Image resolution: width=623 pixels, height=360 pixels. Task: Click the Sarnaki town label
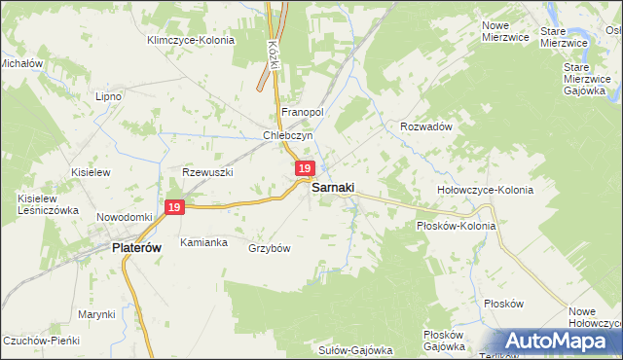pos(332,188)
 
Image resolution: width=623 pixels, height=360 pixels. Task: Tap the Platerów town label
pos(129,248)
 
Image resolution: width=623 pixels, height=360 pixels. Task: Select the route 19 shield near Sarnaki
pos(305,169)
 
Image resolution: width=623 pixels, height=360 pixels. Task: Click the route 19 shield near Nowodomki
pos(174,207)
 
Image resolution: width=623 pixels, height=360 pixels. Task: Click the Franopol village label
pos(302,112)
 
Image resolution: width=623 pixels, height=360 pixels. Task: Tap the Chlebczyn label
pos(286,136)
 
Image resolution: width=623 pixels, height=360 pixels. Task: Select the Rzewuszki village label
pos(208,172)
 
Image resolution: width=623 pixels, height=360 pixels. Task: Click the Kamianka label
pos(202,241)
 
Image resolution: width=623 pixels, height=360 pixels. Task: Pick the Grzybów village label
pos(270,248)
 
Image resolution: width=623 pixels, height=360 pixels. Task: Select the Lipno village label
pos(107,97)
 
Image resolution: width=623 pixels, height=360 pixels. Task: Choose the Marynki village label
pos(97,314)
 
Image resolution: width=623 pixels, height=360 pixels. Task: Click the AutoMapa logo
pos(559,342)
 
